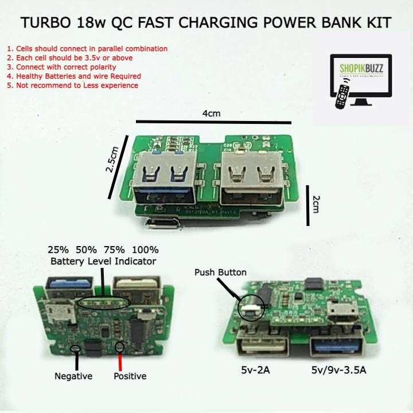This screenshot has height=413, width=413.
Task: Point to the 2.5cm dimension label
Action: (114, 162)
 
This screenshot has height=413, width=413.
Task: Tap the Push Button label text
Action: (220, 272)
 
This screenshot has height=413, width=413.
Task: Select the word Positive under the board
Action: (130, 376)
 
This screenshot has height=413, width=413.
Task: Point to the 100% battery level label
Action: (145, 250)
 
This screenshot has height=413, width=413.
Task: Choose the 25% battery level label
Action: (58, 250)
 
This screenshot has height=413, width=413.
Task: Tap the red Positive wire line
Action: (119, 360)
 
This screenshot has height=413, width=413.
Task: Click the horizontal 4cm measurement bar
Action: (213, 122)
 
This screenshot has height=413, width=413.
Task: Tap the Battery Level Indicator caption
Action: (103, 262)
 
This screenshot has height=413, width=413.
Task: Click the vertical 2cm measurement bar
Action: (307, 204)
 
